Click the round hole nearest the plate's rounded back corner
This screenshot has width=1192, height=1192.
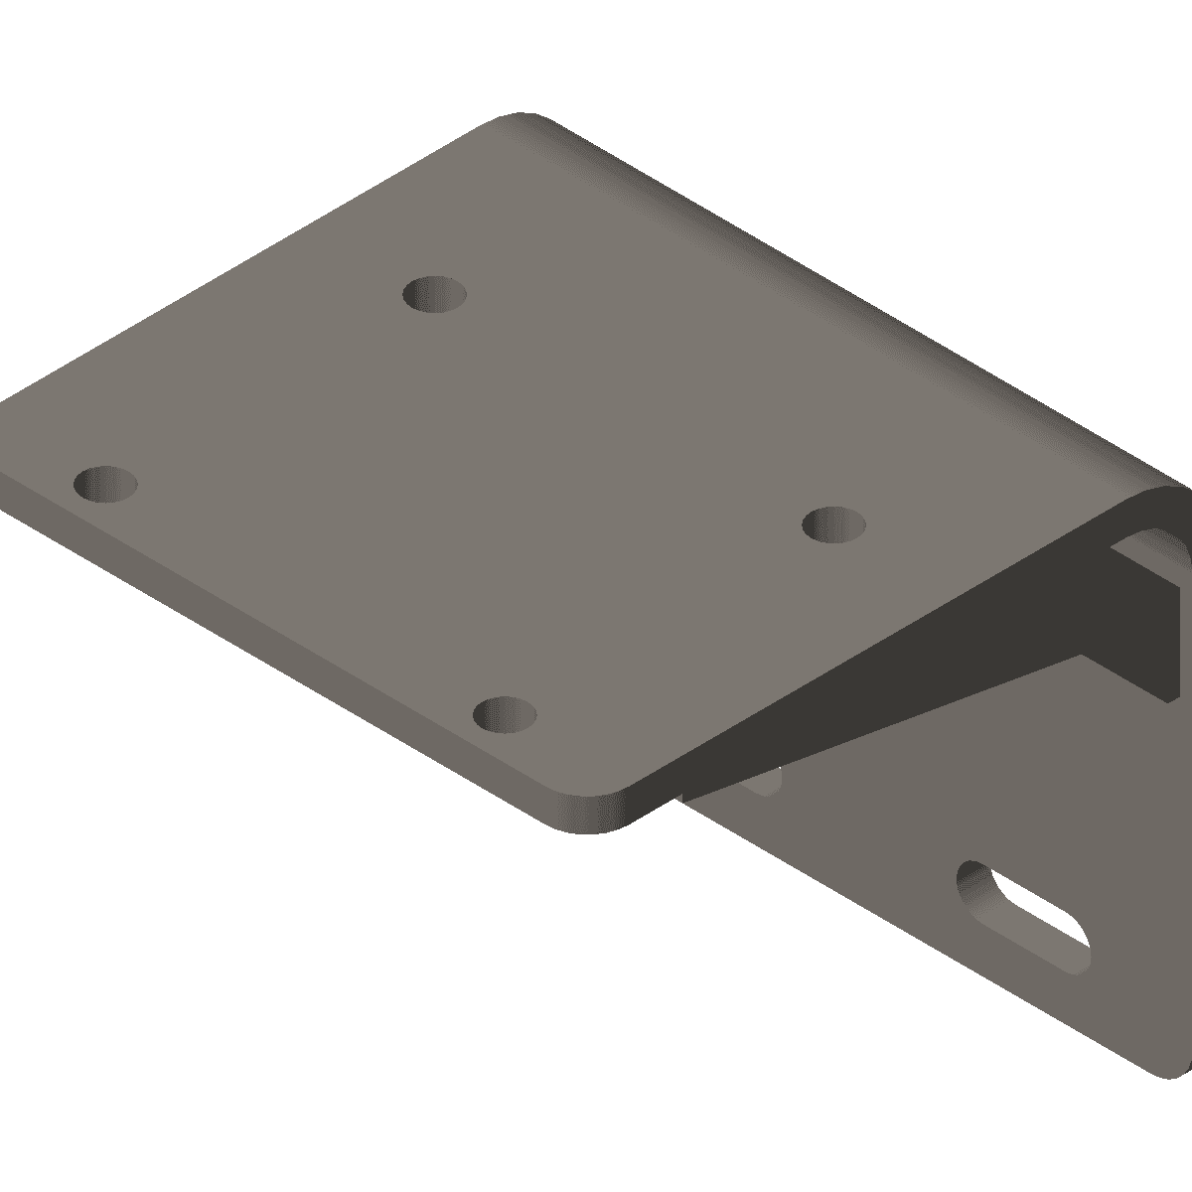[x=435, y=294]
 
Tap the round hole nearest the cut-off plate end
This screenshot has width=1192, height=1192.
[x=105, y=484]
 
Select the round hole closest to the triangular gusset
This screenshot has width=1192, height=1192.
[x=833, y=522]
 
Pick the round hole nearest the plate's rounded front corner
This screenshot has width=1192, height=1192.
[x=505, y=713]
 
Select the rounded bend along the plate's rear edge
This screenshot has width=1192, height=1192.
[x=844, y=298]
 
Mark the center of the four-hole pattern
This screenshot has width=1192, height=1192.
[x=470, y=504]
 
